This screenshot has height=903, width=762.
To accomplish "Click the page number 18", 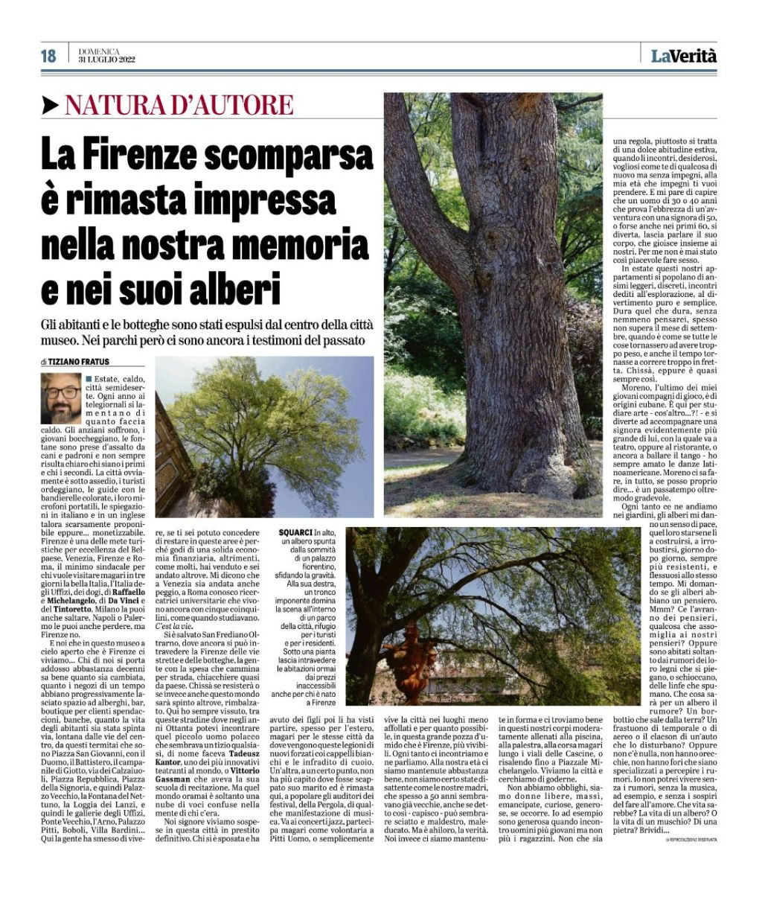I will (48, 55).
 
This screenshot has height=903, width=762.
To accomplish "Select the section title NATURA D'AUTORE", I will (179, 105).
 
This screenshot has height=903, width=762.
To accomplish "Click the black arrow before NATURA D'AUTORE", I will (51, 105).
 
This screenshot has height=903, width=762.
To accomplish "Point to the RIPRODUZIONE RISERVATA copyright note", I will (691, 840).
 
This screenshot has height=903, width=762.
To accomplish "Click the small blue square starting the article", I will (89, 379).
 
